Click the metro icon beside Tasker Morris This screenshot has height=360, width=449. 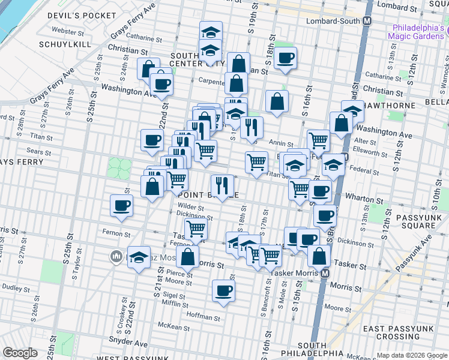325,272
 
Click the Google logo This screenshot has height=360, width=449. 20,353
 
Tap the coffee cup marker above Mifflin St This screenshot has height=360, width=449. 223,290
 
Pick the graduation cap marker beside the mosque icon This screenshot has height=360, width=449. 139,258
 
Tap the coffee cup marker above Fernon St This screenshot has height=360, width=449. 121,205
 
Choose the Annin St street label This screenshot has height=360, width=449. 281,143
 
